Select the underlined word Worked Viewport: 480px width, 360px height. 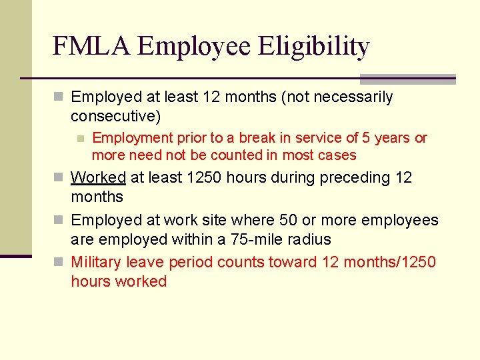coord(98,177)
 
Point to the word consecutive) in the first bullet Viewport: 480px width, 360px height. coord(115,116)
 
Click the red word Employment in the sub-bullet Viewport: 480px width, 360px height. coord(132,138)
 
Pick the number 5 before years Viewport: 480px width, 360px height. coord(365,138)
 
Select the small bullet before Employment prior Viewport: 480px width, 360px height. coord(80,139)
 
